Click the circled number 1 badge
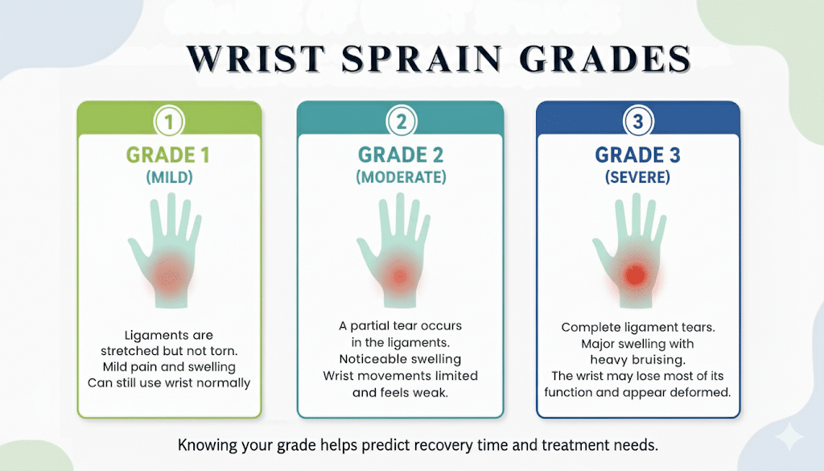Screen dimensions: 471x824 [x=169, y=122]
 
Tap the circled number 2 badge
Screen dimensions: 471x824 [x=400, y=122]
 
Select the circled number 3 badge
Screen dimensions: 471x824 [x=637, y=122]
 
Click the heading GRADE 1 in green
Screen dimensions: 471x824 [x=169, y=155]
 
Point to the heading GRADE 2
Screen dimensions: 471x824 [x=401, y=155]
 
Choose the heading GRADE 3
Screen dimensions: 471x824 [x=637, y=155]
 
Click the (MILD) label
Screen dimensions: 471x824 [x=169, y=179]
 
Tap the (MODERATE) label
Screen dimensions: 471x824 [x=401, y=179]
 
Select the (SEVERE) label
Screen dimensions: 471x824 [x=637, y=178]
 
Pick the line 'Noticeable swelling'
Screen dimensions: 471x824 [x=400, y=358]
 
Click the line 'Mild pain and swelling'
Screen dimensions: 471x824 [x=169, y=366]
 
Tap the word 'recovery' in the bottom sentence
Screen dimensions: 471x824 [x=480, y=444]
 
